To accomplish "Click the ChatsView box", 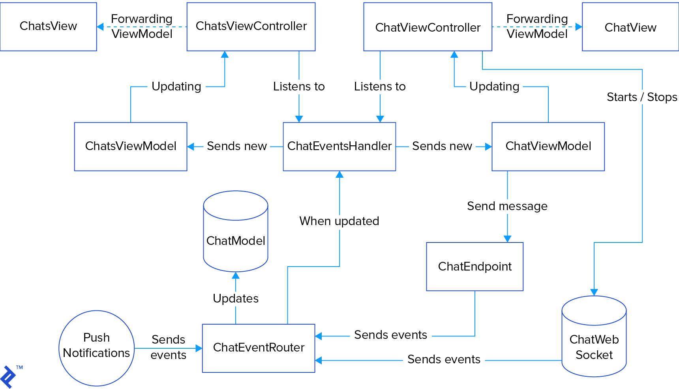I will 48,26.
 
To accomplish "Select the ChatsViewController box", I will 251,26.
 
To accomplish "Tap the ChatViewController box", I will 428,27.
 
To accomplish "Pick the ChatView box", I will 630,27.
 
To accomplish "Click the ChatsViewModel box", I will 131,147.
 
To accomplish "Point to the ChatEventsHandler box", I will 339,147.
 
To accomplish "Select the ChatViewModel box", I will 548,147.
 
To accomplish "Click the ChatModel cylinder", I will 236,241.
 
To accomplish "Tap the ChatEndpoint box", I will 475,267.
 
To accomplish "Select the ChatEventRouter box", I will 259,348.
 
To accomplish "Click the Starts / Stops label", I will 642,97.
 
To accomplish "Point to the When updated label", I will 339,221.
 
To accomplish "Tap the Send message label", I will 507,206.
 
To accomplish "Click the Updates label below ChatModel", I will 236,299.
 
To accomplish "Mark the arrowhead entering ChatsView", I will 100,27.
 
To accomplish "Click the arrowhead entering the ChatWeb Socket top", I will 594,292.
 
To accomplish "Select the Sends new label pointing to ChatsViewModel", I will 236,147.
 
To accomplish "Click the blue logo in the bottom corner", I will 8,377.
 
